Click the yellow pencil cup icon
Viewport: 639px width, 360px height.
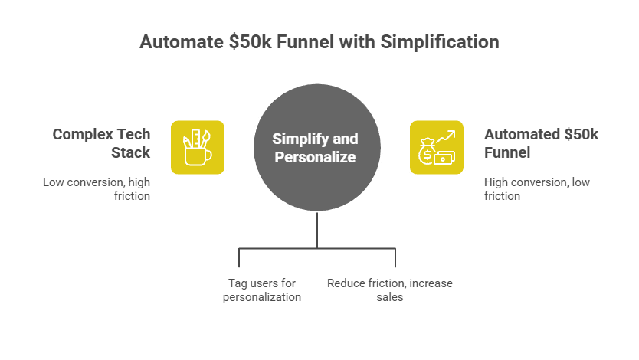click(x=197, y=147)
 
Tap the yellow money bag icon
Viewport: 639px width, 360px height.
click(x=437, y=147)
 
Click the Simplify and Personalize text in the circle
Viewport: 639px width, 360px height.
click(x=315, y=147)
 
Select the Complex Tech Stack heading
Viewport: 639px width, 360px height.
click(x=101, y=143)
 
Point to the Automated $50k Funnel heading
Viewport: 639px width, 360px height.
click(x=541, y=143)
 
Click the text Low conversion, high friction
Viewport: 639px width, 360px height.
click(x=96, y=188)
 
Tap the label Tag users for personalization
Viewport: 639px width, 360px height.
click(x=262, y=290)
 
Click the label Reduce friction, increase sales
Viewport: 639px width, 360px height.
click(x=389, y=290)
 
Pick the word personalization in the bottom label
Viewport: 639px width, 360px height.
click(x=262, y=297)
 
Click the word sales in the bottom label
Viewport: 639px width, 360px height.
click(x=389, y=297)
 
